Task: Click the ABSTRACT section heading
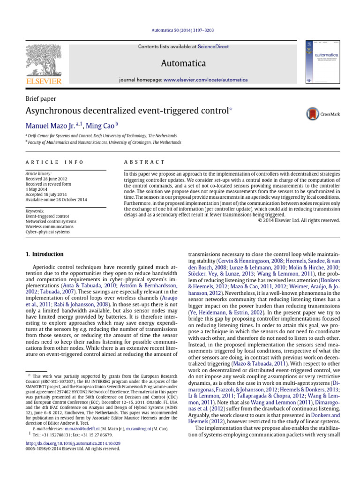click(144, 162)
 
